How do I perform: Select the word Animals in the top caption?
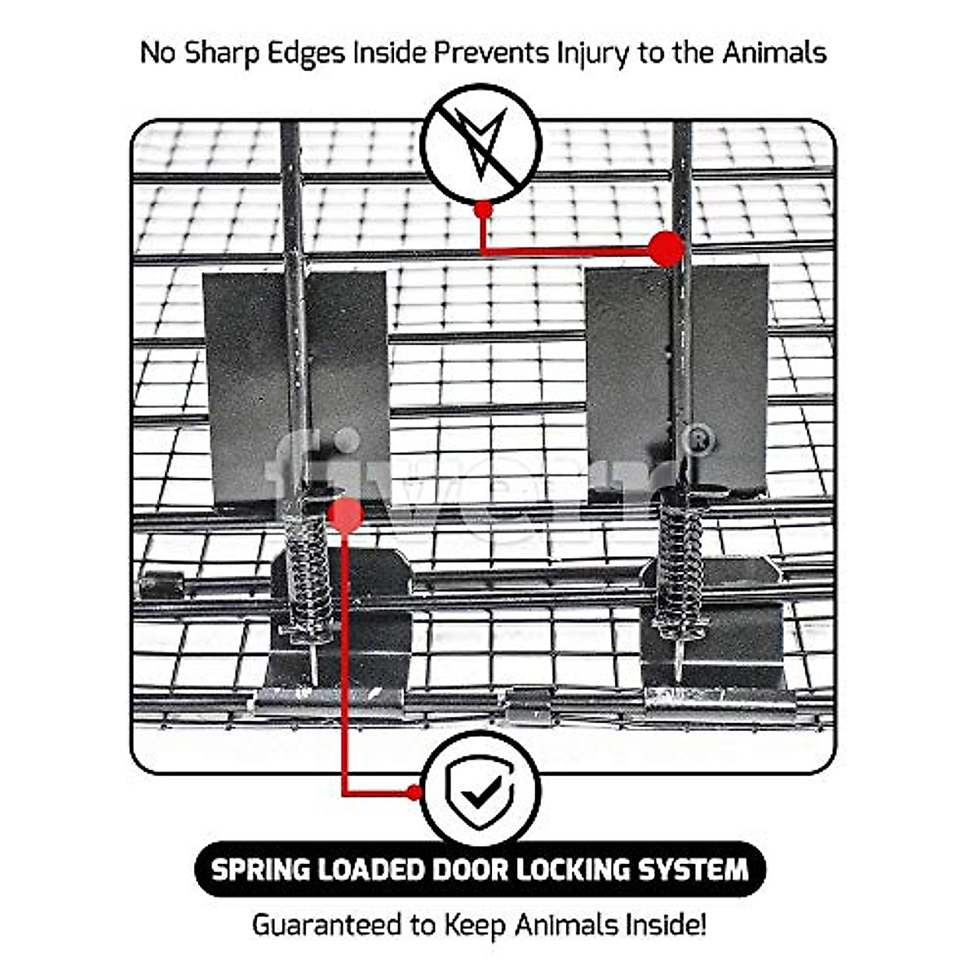(x=773, y=52)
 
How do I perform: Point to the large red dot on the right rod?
(x=667, y=248)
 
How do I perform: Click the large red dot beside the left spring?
(x=346, y=516)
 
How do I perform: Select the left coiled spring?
(x=308, y=571)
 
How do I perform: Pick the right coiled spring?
(x=680, y=563)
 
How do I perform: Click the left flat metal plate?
(x=245, y=383)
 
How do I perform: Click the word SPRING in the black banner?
(x=260, y=870)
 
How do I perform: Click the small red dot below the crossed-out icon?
(x=483, y=210)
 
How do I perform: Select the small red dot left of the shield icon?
(x=414, y=792)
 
